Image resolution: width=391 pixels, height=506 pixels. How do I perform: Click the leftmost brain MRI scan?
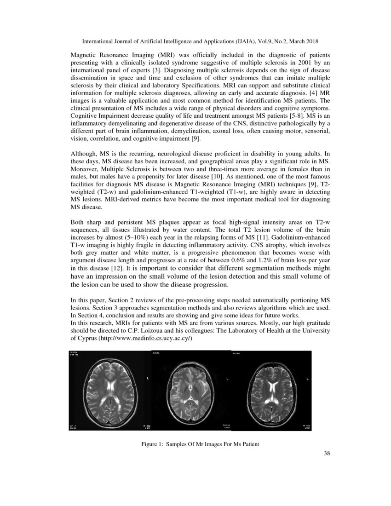[109, 391]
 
